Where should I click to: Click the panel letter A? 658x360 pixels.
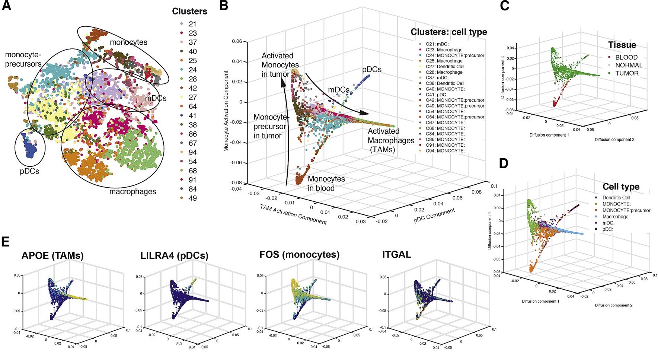click(7, 6)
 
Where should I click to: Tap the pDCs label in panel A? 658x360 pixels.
click(29, 172)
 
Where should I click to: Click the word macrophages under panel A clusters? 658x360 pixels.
click(132, 192)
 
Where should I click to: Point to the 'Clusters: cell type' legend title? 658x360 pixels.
click(448, 32)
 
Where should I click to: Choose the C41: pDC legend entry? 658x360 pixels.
click(436, 95)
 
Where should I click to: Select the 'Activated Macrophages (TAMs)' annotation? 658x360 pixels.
click(391, 140)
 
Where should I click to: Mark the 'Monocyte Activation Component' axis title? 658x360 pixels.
click(226, 111)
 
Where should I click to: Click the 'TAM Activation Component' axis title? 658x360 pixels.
click(293, 214)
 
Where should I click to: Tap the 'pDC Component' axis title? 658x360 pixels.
click(434, 216)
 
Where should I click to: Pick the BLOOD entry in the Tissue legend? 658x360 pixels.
click(626, 57)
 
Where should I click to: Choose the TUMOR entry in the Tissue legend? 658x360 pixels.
click(627, 73)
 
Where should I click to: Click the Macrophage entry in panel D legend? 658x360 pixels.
click(615, 217)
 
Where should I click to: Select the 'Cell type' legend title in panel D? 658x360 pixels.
click(621, 187)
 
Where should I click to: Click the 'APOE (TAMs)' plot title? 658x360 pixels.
click(52, 256)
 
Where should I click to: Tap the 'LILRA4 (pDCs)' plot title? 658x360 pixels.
click(174, 256)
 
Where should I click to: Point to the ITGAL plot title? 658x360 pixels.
click(396, 255)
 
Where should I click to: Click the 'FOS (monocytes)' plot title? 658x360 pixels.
click(299, 255)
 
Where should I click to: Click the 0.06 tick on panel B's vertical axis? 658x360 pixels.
click(237, 41)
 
